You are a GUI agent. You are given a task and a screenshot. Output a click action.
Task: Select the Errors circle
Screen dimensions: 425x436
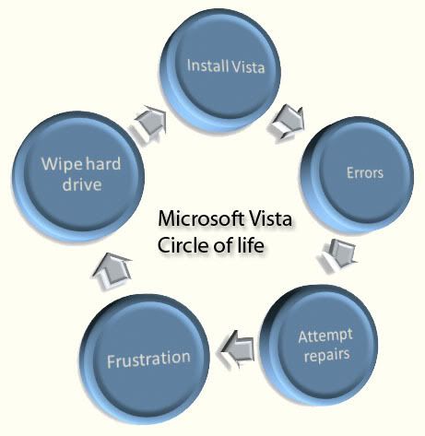[x=358, y=174]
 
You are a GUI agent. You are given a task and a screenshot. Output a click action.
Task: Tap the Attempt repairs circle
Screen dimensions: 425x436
[x=319, y=345]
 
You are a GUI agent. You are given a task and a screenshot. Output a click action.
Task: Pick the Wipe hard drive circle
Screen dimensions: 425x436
[x=78, y=176]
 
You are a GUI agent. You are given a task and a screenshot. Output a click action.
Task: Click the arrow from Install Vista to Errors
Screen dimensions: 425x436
[x=287, y=123]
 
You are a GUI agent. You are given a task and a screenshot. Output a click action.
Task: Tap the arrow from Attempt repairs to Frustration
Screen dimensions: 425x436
[x=237, y=348]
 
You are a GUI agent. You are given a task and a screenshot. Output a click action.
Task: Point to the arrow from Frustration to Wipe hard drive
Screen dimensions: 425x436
[x=112, y=270]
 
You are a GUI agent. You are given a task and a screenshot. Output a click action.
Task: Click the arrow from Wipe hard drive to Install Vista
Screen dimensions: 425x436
[x=150, y=122]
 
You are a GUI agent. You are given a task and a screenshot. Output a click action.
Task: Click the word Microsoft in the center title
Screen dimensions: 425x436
[x=201, y=218]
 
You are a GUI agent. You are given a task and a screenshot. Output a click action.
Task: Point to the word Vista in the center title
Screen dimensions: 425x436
[x=270, y=218]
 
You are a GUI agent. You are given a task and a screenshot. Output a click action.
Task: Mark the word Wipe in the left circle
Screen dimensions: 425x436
[x=62, y=164]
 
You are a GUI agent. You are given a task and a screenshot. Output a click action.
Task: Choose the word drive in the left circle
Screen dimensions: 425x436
[x=82, y=184]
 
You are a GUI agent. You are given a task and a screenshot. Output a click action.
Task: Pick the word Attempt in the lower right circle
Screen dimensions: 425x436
[x=325, y=336]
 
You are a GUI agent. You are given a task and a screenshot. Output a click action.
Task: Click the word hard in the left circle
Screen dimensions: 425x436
[x=103, y=163]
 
